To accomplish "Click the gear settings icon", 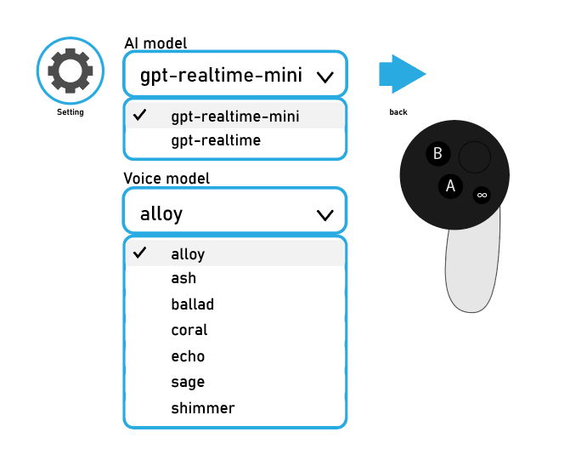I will pos(71,71).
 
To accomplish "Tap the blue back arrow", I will pos(401,74).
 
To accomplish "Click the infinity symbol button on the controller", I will pos(482,195).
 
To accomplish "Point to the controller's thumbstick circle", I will pos(474,157).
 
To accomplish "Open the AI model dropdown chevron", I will pos(325,77).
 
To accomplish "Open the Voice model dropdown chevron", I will pos(325,214).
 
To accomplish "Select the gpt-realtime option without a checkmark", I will pos(216,139).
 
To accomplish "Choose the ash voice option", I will pos(183,278).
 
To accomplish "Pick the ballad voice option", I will pos(192,304).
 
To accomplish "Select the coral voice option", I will pos(189,330).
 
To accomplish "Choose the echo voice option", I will pos(188,356).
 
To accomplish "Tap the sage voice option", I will pos(188,382).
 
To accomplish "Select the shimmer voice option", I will pos(202,408).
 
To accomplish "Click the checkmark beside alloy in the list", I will pos(141,253).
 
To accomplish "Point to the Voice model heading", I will pos(166,179).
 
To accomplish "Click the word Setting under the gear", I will pos(71,112).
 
